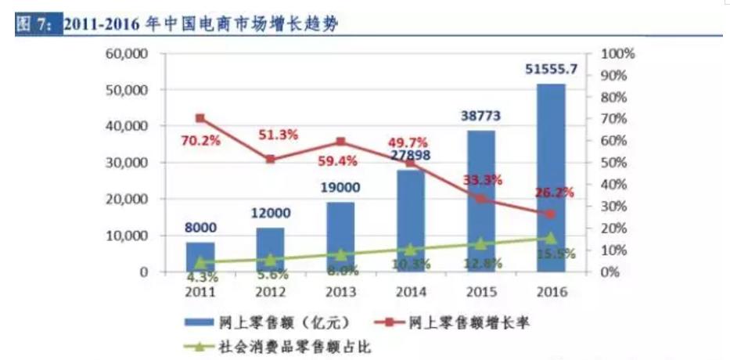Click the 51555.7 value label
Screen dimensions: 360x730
coord(551,70)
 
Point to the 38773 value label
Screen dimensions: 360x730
coord(480,116)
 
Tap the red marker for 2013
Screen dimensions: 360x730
coord(340,142)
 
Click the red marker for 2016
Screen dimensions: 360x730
coord(551,214)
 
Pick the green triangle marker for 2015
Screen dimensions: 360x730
coord(480,243)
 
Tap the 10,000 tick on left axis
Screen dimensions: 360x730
coord(128,236)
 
